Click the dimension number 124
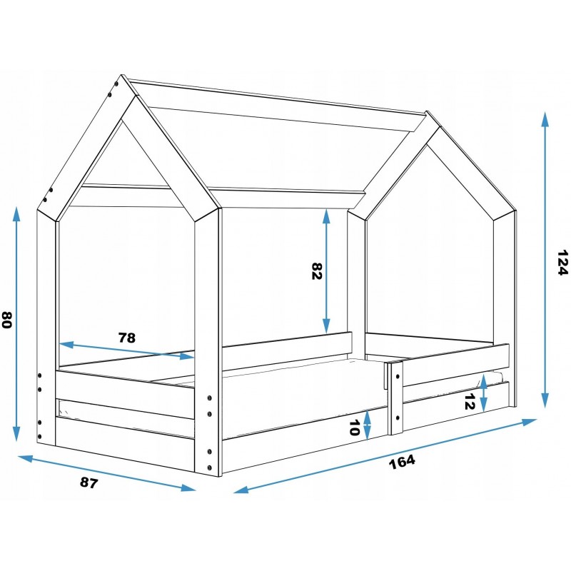pyautogui.click(x=562, y=263)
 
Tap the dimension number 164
pyautogui.click(x=402, y=462)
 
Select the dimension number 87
pyautogui.click(x=89, y=483)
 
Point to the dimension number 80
pyautogui.click(x=7, y=320)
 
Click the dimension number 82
pyautogui.click(x=317, y=271)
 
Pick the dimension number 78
pyautogui.click(x=127, y=338)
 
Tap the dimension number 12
pyautogui.click(x=470, y=401)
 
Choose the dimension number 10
pyautogui.click(x=354, y=428)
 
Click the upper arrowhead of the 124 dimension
pyautogui.click(x=545, y=119)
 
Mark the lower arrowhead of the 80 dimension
pyautogui.click(x=16, y=434)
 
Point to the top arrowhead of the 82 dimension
pyautogui.click(x=326, y=216)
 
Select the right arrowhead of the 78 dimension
pyautogui.click(x=186, y=355)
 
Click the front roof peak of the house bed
pyautogui.click(x=136, y=96)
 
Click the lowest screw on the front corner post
pyautogui.click(x=209, y=468)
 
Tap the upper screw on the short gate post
pyautogui.click(x=398, y=376)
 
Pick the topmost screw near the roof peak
pyautogui.click(x=116, y=84)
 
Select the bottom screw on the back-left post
pyautogui.click(x=39, y=436)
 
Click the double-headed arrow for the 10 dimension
pyautogui.click(x=368, y=424)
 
